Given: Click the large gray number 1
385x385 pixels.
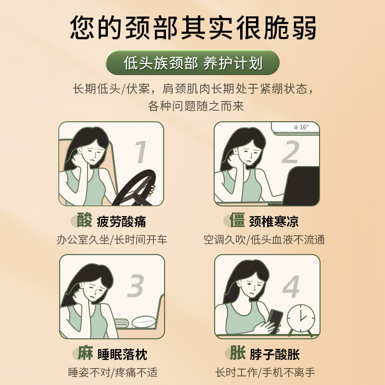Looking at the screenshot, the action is (141, 152).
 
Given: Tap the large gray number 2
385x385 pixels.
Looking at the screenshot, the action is (291, 152).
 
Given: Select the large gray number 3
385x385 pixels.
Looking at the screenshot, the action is (135, 285).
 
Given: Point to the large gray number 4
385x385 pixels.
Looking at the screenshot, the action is (291, 286).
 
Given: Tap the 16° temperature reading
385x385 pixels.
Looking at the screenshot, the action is (301, 127).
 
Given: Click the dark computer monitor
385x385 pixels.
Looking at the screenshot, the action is (301, 186).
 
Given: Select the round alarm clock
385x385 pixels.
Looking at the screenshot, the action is (301, 319).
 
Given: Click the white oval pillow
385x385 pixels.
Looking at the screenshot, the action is (144, 322).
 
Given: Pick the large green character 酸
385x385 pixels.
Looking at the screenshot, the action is (85, 220).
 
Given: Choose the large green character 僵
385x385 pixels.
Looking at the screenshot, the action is (237, 220).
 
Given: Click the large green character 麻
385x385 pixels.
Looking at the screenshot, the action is (86, 353).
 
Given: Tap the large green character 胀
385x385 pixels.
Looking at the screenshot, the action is (238, 353).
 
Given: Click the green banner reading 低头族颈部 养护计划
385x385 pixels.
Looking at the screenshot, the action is (193, 63).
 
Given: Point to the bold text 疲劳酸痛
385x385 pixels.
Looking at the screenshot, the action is (122, 222).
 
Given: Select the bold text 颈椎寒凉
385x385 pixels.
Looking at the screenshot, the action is (274, 221).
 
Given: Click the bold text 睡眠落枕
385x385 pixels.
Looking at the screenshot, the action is (123, 355).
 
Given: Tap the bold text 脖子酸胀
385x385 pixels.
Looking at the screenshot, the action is (275, 355).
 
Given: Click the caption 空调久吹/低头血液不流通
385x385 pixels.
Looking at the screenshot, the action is (264, 240).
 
